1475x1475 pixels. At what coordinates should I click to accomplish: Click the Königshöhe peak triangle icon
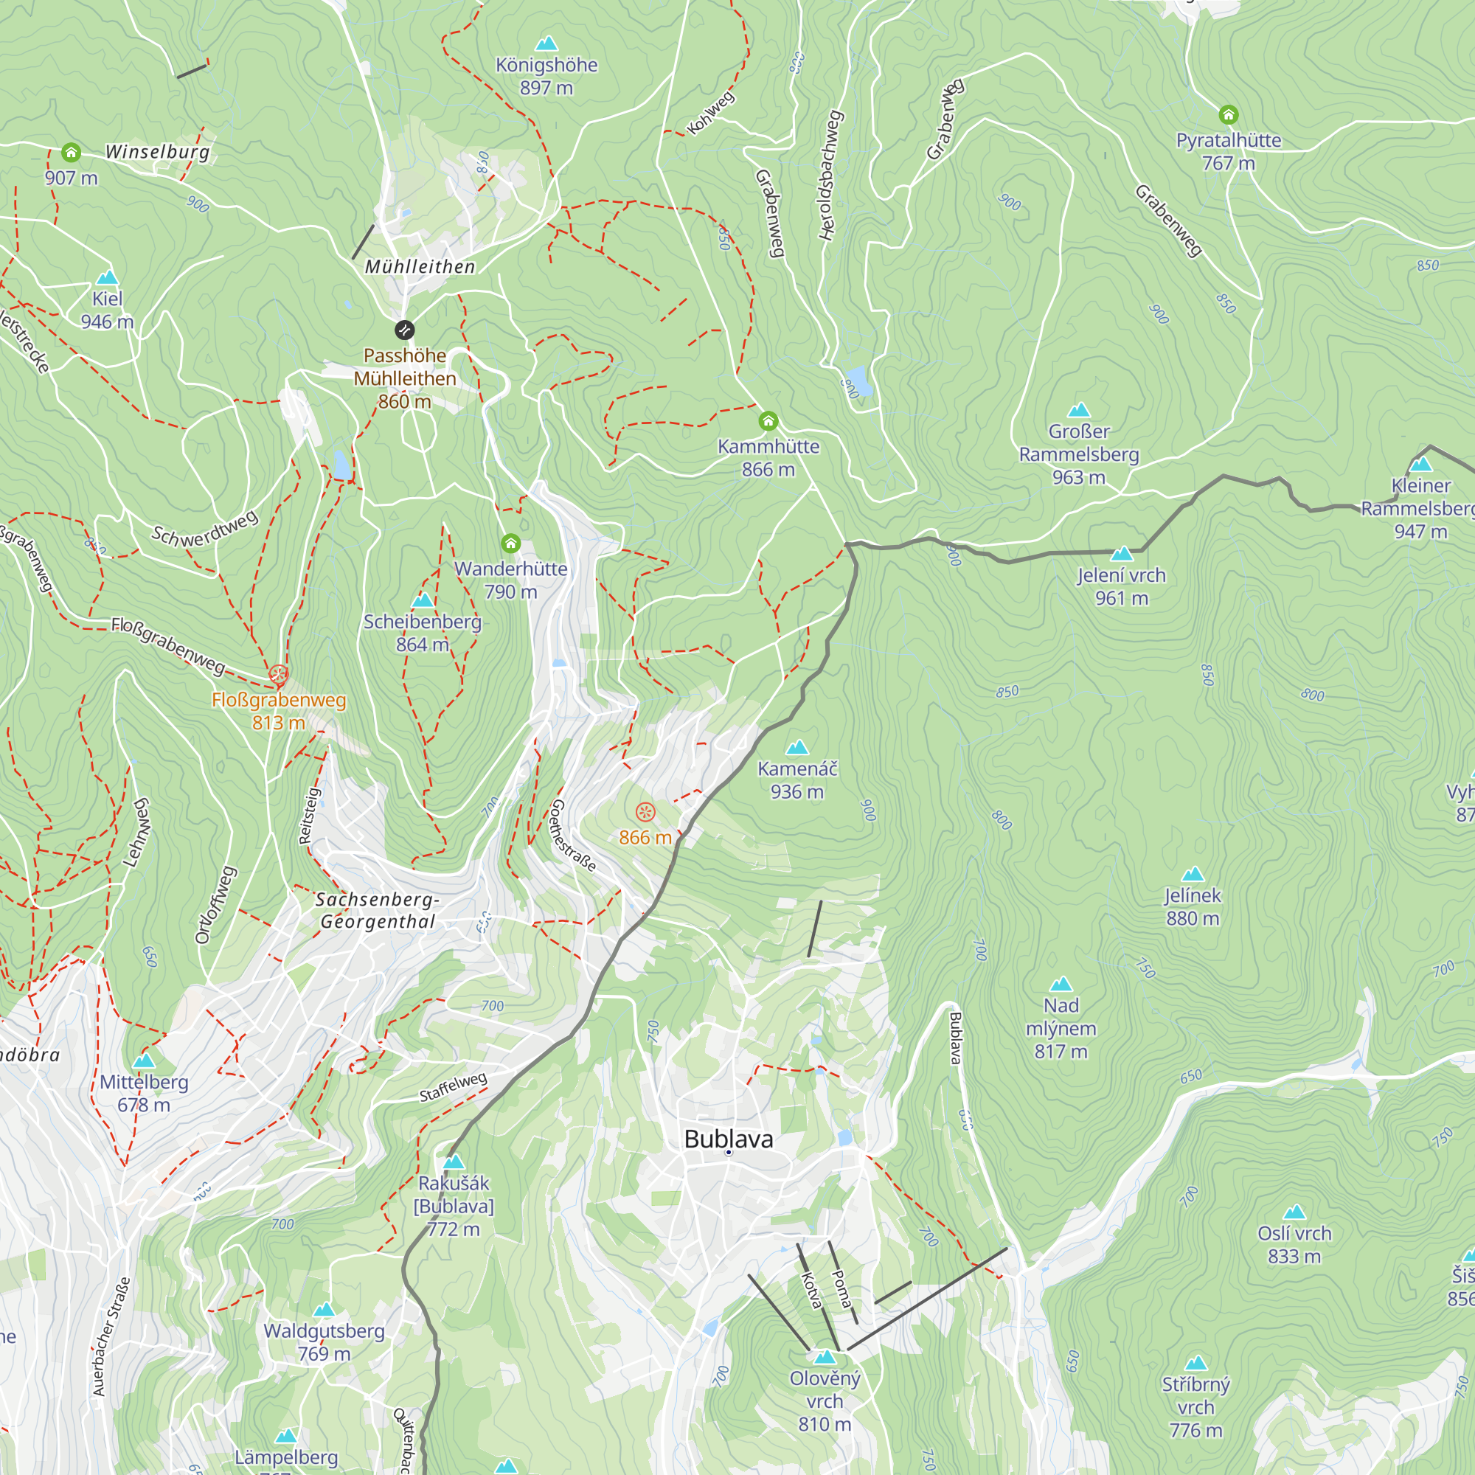546,44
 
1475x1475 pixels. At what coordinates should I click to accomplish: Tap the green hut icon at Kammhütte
768,420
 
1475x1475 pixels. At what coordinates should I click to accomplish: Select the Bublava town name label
729,1139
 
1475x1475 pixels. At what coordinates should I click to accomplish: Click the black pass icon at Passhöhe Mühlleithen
405,330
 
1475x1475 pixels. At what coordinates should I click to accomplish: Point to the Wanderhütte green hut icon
511,543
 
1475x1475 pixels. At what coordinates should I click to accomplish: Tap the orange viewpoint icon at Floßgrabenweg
279,674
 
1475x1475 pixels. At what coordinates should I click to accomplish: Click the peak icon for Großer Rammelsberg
1079,410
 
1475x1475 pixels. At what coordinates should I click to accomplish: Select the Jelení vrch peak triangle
1122,554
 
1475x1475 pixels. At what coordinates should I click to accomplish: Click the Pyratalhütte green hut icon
1229,114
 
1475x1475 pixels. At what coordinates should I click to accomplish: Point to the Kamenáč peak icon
797,747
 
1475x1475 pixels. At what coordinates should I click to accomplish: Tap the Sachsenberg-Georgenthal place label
378,910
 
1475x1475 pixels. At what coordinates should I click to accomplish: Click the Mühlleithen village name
420,266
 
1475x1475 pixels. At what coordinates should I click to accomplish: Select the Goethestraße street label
572,836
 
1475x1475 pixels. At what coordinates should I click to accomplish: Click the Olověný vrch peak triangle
825,1358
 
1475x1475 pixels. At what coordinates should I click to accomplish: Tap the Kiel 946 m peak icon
108,277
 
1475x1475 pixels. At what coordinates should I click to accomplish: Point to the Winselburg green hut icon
71,152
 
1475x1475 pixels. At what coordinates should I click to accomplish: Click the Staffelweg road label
453,1086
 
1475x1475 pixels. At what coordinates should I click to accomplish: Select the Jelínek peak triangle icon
1193,874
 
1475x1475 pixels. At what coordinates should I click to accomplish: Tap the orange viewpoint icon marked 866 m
645,811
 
